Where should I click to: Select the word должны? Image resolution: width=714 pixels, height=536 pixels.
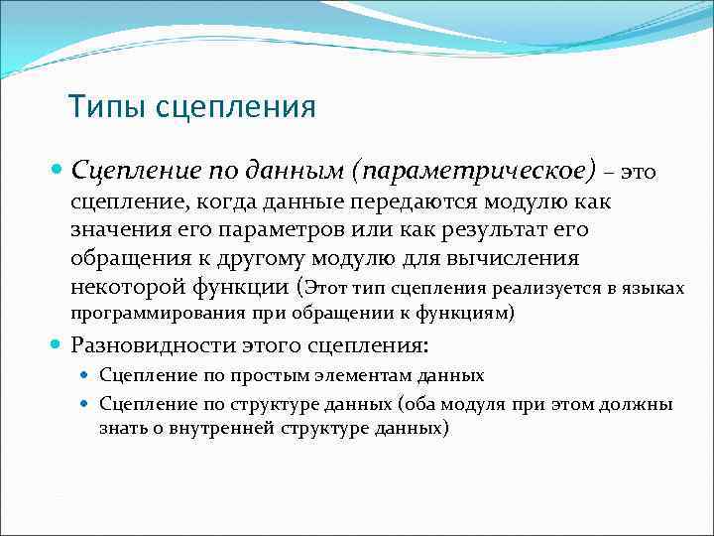tap(642, 404)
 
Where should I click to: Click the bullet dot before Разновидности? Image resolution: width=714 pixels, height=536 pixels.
tap(58, 347)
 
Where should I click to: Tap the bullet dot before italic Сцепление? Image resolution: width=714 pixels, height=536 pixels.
tap(58, 171)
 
